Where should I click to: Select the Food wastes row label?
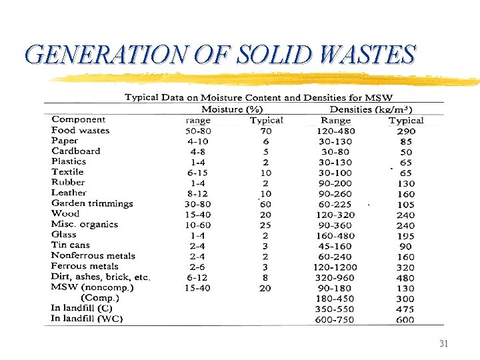pyautogui.click(x=80, y=130)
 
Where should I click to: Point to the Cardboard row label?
pyautogui.click(x=75, y=151)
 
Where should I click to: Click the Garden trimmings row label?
pyautogui.click(x=92, y=203)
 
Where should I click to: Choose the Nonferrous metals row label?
pyautogui.click(x=93, y=255)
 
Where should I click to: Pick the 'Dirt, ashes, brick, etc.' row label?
pyautogui.click(x=101, y=277)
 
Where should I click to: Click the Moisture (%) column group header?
pyautogui.click(x=233, y=109)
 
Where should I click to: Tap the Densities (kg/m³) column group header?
pyautogui.click(x=371, y=109)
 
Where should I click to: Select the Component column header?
pyautogui.click(x=79, y=119)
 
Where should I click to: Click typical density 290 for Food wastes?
pyautogui.click(x=405, y=131)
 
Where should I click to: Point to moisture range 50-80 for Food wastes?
pyautogui.click(x=199, y=131)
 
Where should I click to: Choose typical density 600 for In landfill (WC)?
pyautogui.click(x=405, y=319)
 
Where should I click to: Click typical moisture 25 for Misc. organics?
pyautogui.click(x=265, y=225)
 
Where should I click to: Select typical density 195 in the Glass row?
pyautogui.click(x=405, y=236)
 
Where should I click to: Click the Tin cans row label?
pyautogui.click(x=71, y=245)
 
